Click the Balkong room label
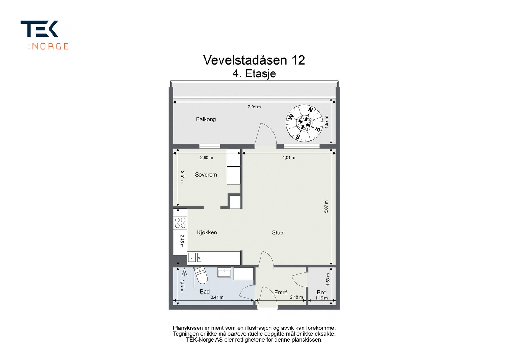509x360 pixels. pyautogui.click(x=206, y=119)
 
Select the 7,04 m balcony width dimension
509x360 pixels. pyautogui.click(x=254, y=107)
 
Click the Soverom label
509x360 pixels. pyautogui.click(x=206, y=175)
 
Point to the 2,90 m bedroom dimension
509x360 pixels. pyautogui.click(x=206, y=158)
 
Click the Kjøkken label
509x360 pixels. pyautogui.click(x=207, y=232)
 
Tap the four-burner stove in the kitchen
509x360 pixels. pyautogui.click(x=180, y=223)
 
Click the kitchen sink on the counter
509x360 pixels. pyautogui.click(x=194, y=257)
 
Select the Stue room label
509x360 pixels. pyautogui.click(x=277, y=233)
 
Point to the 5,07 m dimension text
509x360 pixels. pyautogui.click(x=326, y=207)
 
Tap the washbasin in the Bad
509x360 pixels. pyautogui.click(x=225, y=273)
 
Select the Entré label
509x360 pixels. pyautogui.click(x=281, y=293)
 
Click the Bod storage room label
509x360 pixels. pyautogui.click(x=322, y=293)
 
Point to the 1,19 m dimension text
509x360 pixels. pyautogui.click(x=321, y=298)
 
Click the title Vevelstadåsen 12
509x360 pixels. pyautogui.click(x=254, y=60)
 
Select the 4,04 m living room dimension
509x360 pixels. pyautogui.click(x=289, y=158)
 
